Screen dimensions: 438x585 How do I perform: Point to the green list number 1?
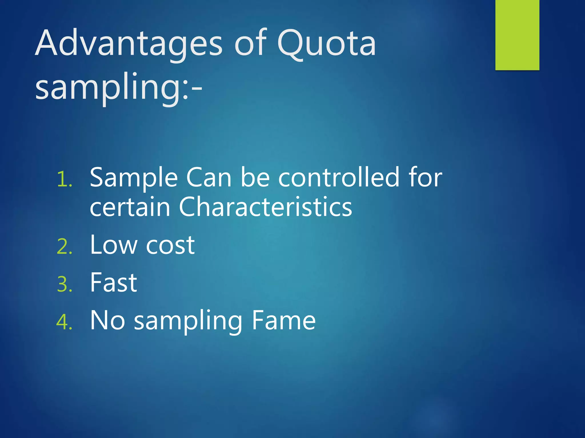click(65, 180)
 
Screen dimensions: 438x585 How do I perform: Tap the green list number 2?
click(65, 247)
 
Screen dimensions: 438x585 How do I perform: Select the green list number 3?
click(65, 285)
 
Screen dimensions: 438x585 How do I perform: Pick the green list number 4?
click(65, 323)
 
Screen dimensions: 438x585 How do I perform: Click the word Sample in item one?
click(134, 178)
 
